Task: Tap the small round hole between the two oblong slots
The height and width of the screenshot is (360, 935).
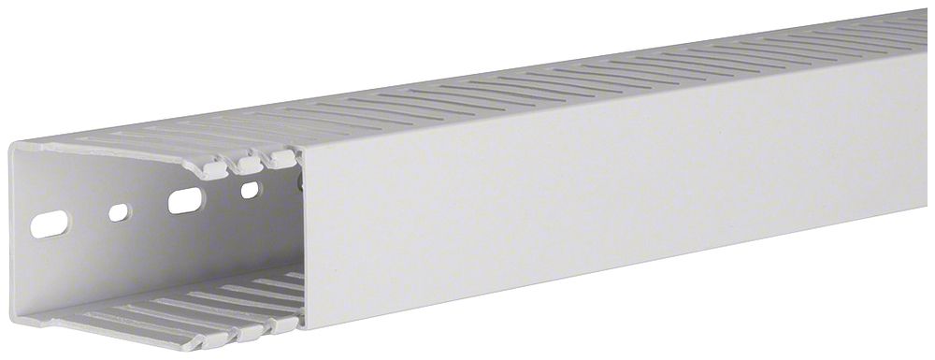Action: [118, 212]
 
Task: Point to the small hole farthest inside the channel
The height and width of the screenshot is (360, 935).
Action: [250, 190]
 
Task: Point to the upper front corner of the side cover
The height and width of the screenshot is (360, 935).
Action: [297, 147]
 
